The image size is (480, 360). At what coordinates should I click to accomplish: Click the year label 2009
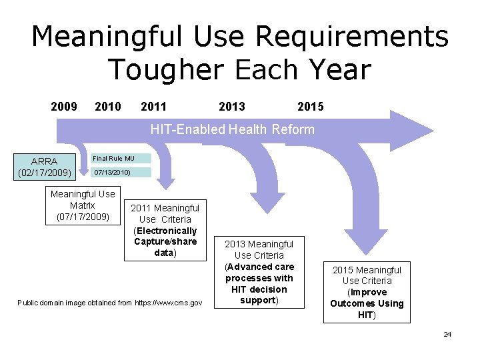click(x=64, y=107)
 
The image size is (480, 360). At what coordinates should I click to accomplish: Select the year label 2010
click(x=108, y=107)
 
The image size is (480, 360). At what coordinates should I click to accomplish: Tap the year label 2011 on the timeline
click(x=154, y=107)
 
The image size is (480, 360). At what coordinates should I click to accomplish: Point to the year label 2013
click(x=232, y=107)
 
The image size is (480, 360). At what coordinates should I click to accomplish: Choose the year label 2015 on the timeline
click(x=311, y=107)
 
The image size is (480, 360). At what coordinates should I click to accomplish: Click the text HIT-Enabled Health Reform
click(x=232, y=129)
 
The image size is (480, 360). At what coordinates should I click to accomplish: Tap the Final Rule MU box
click(x=121, y=159)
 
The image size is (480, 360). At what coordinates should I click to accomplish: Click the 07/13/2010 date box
click(x=121, y=173)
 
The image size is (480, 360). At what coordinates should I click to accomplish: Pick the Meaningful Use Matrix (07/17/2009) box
click(x=83, y=205)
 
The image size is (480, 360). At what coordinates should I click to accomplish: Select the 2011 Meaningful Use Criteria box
click(x=165, y=230)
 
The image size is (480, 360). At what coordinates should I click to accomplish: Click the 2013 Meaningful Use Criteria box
click(x=259, y=272)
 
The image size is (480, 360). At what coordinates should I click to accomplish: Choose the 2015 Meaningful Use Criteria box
click(x=367, y=292)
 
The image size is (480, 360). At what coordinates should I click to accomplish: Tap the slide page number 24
click(x=447, y=334)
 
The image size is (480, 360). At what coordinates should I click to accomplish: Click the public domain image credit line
click(x=109, y=303)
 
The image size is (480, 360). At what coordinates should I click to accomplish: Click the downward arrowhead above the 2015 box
click(x=365, y=245)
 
